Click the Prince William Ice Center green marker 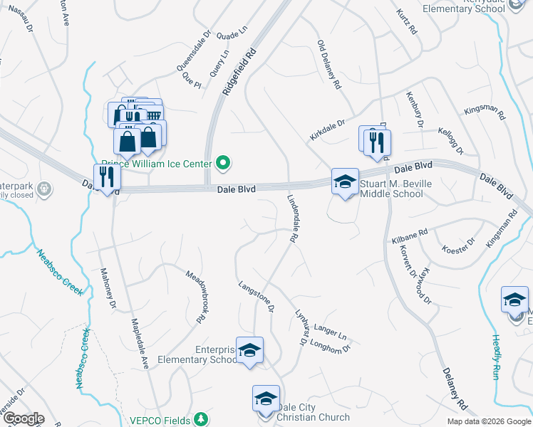tap(224, 164)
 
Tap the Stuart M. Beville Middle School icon tap(345, 182)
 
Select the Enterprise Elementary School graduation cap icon tap(249, 351)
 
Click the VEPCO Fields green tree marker tap(202, 419)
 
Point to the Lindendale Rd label tap(291, 220)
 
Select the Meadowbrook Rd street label tap(196, 297)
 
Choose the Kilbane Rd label tap(410, 236)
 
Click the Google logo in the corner tap(23, 418)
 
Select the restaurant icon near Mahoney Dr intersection tap(106, 178)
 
